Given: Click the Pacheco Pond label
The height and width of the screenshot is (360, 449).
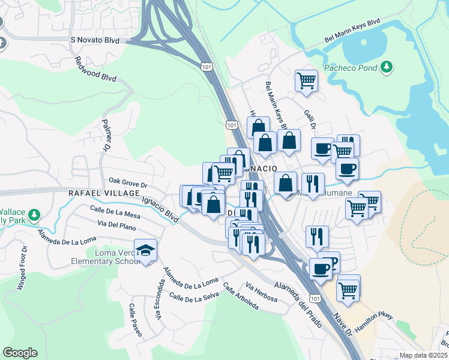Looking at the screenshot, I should pyautogui.click(x=351, y=67).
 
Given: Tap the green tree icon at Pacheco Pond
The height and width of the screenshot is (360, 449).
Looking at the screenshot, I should pyautogui.click(x=388, y=67).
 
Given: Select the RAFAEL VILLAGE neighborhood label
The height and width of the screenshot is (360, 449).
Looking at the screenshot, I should pyautogui.click(x=101, y=193).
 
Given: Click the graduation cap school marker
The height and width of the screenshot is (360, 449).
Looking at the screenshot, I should pyautogui.click(x=145, y=250).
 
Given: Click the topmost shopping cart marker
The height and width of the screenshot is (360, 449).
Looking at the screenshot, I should pyautogui.click(x=306, y=80).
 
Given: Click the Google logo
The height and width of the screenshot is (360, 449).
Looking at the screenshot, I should pyautogui.click(x=20, y=353).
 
